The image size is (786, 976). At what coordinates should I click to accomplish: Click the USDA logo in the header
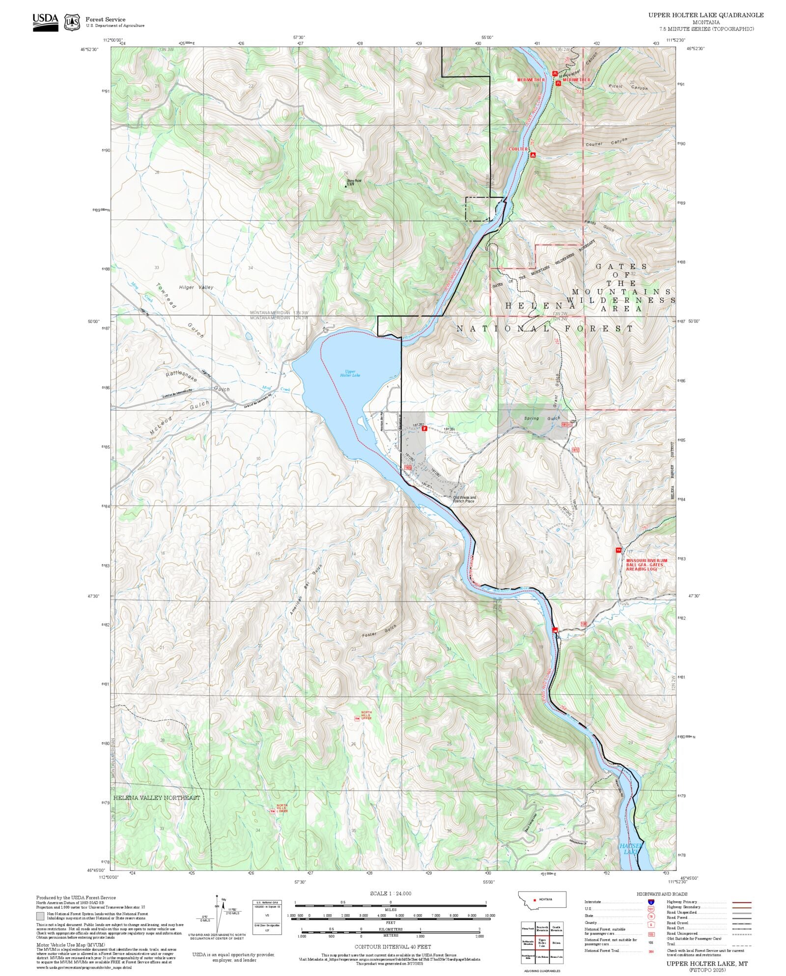click(45, 22)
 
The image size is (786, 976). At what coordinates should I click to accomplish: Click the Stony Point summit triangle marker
click(345, 186)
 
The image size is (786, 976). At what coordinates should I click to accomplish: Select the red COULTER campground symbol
click(533, 155)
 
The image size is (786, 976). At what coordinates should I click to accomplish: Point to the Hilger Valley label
click(196, 287)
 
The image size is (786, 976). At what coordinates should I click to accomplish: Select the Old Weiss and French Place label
click(464, 499)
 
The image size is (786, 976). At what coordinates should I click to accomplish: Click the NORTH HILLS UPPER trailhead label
click(366, 716)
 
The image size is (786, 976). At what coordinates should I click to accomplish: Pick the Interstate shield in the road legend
click(651, 902)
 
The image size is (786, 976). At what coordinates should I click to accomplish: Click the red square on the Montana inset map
click(535, 899)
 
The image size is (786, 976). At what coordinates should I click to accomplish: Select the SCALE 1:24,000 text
click(391, 893)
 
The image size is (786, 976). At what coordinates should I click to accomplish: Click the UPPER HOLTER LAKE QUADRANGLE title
click(705, 15)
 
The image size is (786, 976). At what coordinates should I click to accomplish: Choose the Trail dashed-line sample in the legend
click(741, 944)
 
